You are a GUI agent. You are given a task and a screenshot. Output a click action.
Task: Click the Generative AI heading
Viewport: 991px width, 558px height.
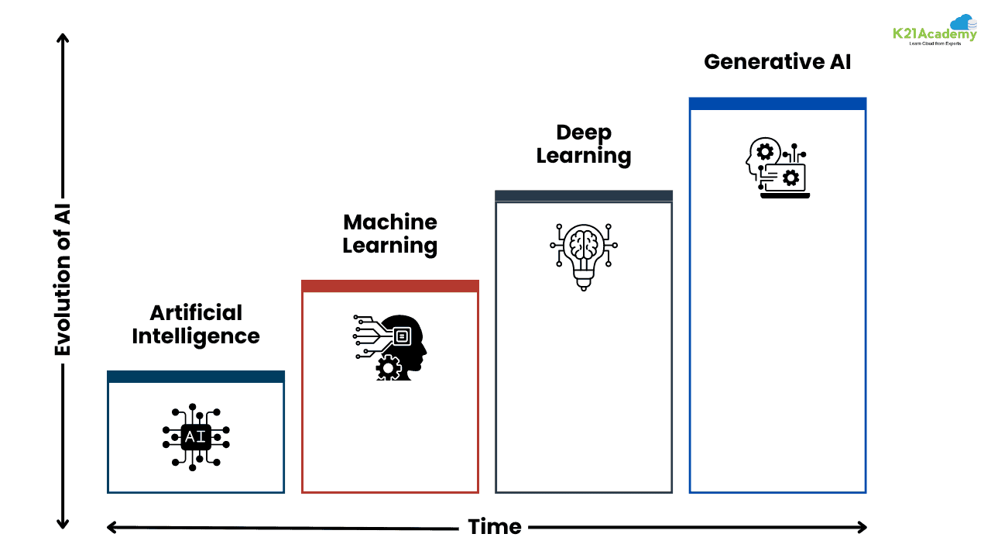pyautogui.click(x=777, y=62)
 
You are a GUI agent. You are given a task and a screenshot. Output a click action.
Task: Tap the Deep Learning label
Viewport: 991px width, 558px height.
pyautogui.click(x=584, y=144)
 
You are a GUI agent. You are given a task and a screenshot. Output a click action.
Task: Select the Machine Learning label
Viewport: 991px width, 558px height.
pyautogui.click(x=390, y=234)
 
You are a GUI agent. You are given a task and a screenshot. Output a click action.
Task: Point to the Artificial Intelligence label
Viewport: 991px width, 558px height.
pyautogui.click(x=196, y=325)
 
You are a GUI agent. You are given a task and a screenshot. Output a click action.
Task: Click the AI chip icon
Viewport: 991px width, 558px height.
pyautogui.click(x=196, y=436)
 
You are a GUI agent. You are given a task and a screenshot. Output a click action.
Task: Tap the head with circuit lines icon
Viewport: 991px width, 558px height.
pyautogui.click(x=390, y=346)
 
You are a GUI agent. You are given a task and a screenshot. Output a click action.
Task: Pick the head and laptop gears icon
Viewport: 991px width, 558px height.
pyautogui.click(x=777, y=168)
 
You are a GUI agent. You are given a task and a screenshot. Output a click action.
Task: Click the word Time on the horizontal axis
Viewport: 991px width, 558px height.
pyautogui.click(x=494, y=528)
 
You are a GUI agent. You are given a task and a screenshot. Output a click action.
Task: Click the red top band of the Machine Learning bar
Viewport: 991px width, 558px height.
pyautogui.click(x=390, y=286)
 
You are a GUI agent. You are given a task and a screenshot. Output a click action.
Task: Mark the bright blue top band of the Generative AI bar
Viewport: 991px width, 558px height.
pyautogui.click(x=777, y=104)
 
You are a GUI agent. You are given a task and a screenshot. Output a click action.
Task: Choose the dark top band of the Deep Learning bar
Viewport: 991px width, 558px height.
pyautogui.click(x=584, y=196)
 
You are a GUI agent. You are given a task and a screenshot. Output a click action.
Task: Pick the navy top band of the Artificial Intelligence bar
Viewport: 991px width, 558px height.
pyautogui.click(x=196, y=377)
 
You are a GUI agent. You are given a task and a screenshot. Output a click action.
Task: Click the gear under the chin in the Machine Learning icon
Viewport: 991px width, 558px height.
pyautogui.click(x=387, y=367)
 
